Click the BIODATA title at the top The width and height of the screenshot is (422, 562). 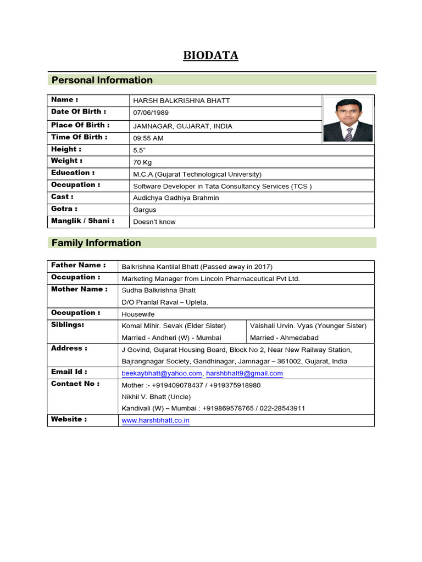click(211, 55)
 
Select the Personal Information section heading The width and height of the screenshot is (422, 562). click(102, 80)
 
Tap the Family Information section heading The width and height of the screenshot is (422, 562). click(96, 243)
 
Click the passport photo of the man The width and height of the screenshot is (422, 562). click(348, 119)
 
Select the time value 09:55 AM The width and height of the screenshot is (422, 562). click(148, 138)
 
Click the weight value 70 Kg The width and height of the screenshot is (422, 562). click(143, 162)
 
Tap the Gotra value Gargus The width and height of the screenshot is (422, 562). click(145, 210)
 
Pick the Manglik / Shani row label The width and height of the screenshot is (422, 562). click(82, 221)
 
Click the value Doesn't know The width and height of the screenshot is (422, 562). click(154, 222)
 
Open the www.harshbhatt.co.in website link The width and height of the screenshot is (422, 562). click(156, 421)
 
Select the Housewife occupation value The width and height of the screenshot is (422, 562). click(138, 314)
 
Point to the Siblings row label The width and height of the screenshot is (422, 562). click(68, 324)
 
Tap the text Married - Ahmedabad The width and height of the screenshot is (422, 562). click(284, 338)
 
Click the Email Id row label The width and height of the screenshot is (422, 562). click(69, 372)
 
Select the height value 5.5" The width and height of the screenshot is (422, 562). click(138, 150)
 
